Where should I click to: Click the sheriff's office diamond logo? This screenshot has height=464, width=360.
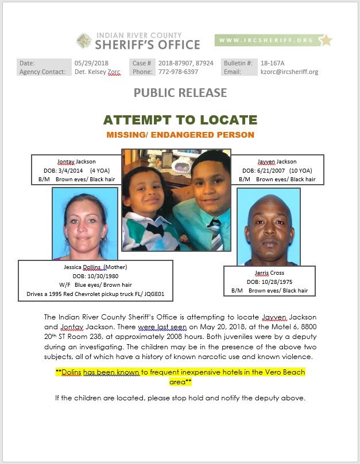[x=84, y=41]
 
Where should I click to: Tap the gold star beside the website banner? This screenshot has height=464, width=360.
[x=326, y=40]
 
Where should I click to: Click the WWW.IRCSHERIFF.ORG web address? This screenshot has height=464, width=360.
[x=265, y=40]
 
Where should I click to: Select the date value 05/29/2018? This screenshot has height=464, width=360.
[x=91, y=63]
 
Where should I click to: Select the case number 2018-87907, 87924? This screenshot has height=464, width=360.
[x=186, y=63]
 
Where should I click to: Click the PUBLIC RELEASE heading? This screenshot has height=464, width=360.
[x=180, y=92]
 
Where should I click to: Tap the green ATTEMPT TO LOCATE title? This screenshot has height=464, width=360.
[x=180, y=120]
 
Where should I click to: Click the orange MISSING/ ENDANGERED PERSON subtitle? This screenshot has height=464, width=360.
[x=180, y=135]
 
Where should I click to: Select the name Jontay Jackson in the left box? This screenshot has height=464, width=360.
[x=76, y=161]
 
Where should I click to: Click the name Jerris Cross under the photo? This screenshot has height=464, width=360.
[x=269, y=273]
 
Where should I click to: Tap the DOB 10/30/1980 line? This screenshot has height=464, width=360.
[x=95, y=276]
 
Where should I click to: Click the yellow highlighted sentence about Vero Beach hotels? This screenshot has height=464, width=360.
[x=180, y=377]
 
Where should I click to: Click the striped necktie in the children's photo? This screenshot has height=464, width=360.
[x=215, y=240]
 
